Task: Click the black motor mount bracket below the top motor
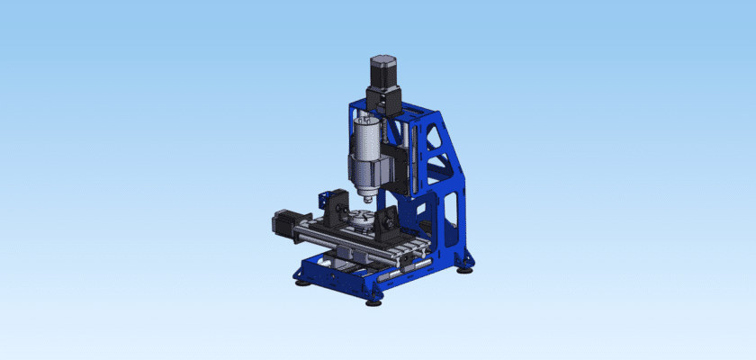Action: [382, 100]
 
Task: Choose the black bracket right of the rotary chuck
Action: [392, 225]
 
